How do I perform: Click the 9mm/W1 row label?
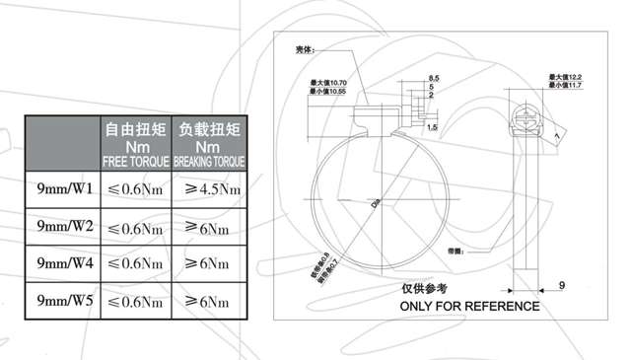(63, 187)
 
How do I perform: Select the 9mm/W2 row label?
(63, 226)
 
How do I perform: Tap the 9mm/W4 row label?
(63, 263)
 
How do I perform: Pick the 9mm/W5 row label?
(63, 300)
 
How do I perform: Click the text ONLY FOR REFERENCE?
(468, 306)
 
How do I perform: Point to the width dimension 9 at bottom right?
(561, 285)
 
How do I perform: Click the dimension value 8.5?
(434, 78)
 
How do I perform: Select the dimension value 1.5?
(433, 127)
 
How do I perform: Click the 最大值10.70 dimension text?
(329, 82)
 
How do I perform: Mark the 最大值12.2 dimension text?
(566, 77)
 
